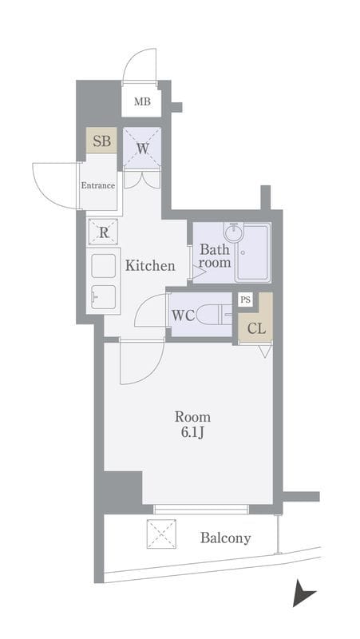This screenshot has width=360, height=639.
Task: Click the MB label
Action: (142, 101)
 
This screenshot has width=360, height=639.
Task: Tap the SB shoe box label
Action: (101, 141)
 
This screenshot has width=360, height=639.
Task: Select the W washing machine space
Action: (142, 148)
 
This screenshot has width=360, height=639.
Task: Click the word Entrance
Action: (97, 185)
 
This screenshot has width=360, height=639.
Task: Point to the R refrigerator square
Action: (104, 232)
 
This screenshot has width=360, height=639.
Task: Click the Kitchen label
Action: (150, 266)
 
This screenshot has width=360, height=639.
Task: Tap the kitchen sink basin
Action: (104, 296)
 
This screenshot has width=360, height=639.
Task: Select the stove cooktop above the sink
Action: (104, 266)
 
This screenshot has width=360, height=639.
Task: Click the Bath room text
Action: (215, 256)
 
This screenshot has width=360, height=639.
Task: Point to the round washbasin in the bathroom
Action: (233, 232)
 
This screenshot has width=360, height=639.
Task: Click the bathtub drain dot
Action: (243, 252)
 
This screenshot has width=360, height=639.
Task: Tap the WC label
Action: (183, 316)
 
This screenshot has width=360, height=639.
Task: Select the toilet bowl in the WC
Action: (210, 315)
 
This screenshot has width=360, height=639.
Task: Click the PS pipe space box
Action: (245, 300)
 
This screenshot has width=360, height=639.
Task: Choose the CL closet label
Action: (256, 328)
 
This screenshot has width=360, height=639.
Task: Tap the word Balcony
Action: (225, 538)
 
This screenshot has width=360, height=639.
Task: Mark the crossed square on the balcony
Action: (161, 534)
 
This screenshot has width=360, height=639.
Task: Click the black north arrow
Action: (303, 593)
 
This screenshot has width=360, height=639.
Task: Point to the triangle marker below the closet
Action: (265, 351)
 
